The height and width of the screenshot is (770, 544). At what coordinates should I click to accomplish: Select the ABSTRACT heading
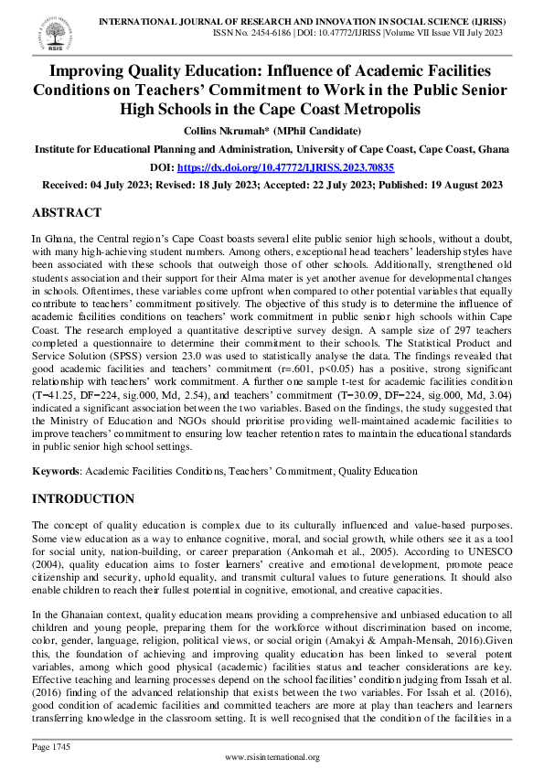pos(67,212)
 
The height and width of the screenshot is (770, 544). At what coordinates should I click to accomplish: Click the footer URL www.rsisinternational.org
pos(272,757)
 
